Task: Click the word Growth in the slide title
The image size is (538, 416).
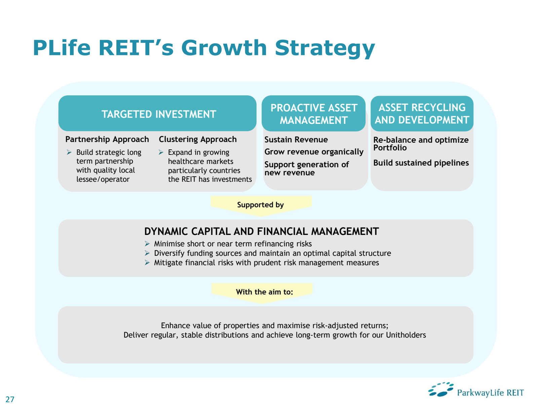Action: [x=224, y=48]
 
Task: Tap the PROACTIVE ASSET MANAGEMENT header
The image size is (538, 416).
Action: [x=313, y=114]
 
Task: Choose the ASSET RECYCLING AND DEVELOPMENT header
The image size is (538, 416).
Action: [x=422, y=113]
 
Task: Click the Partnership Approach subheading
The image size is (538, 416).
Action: [x=107, y=139]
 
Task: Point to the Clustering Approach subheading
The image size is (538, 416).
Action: [x=198, y=139]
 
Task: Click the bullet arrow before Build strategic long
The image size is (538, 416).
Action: [x=69, y=152]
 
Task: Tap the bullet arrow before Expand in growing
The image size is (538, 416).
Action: [x=161, y=152]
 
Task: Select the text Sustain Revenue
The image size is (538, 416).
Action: [x=296, y=140]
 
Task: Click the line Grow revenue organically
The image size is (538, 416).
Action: [x=314, y=152]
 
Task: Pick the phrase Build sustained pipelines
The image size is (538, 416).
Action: [x=421, y=163]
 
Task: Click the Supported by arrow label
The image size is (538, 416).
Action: [x=261, y=205]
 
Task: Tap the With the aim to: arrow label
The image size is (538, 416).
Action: [x=264, y=292]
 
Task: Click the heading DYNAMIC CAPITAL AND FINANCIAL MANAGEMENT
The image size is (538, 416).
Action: [x=261, y=232]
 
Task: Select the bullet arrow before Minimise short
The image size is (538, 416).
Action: [x=147, y=244]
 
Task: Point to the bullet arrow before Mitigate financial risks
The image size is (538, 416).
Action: [x=147, y=263]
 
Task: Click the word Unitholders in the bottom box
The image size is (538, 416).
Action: [x=406, y=335]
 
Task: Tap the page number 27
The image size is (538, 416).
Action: [x=10, y=400]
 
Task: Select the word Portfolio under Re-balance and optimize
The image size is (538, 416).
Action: [x=390, y=148]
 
